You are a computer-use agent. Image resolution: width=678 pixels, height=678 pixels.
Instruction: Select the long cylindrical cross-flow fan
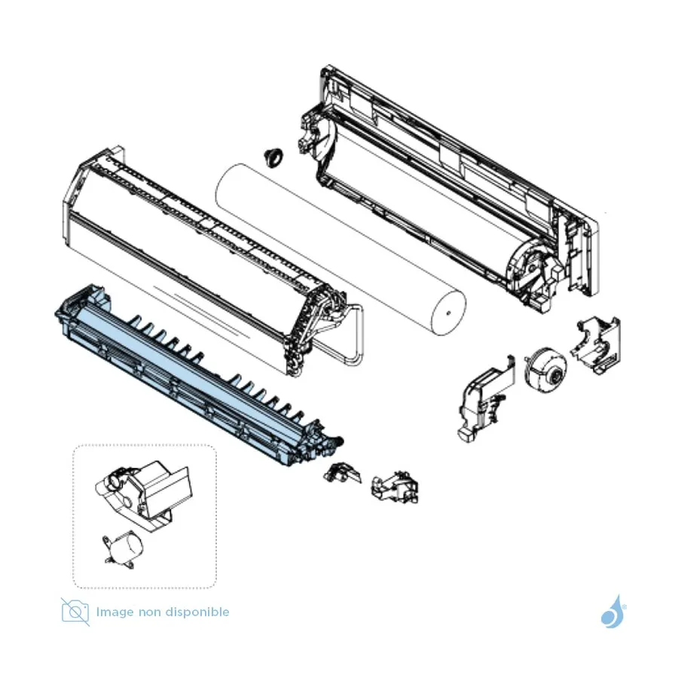(x=341, y=249)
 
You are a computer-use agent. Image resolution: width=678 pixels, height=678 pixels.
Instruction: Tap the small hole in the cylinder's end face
(x=449, y=313)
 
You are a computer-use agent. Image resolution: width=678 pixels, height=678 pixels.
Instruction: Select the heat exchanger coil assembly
(x=203, y=259)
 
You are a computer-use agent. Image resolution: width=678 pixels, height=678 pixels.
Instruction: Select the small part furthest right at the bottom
(x=395, y=487)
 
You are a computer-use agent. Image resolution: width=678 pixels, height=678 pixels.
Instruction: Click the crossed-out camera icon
(x=75, y=612)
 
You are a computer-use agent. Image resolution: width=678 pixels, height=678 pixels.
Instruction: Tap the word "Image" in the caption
(x=115, y=612)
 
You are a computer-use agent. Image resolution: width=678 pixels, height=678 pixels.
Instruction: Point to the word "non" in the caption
(x=149, y=613)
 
